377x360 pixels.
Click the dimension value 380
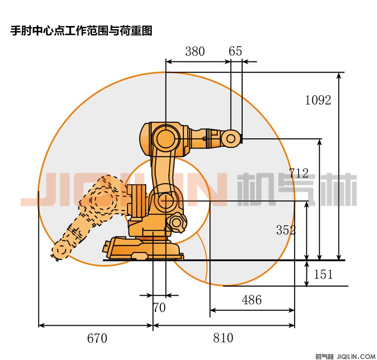point(195,51)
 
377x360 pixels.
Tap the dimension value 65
point(235,51)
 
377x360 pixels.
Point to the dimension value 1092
point(318,100)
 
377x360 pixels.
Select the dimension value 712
point(299,173)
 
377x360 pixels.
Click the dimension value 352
point(286,230)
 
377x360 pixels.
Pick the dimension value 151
point(323,274)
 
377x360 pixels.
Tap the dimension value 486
point(251,300)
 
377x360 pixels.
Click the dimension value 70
point(159,308)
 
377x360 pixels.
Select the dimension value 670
point(97,338)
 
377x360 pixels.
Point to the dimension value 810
point(223,338)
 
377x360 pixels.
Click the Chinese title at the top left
point(81,31)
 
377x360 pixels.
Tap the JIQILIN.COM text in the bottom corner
point(355,356)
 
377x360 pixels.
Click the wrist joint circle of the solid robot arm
point(231,139)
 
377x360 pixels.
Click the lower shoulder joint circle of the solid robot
point(166,200)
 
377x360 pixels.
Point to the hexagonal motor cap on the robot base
point(176,223)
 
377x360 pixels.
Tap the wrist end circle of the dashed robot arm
point(61,250)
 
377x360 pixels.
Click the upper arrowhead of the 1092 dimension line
point(339,75)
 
